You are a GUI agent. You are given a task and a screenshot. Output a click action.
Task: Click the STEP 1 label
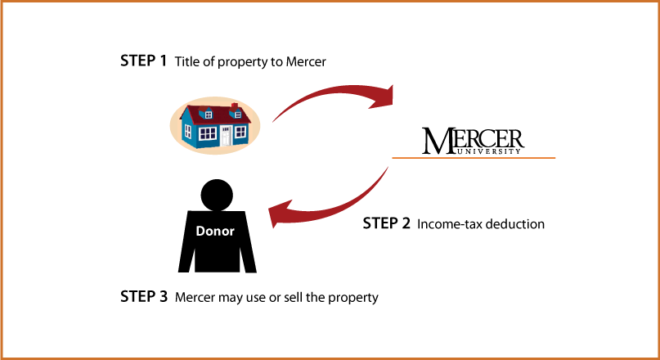pyautogui.click(x=144, y=61)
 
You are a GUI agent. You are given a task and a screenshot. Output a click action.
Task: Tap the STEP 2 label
pyautogui.click(x=386, y=223)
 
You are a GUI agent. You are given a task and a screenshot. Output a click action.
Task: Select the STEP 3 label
pyautogui.click(x=144, y=296)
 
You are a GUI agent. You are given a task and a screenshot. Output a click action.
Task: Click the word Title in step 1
pyautogui.click(x=185, y=61)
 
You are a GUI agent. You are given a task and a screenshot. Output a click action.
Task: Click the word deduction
pyautogui.click(x=514, y=224)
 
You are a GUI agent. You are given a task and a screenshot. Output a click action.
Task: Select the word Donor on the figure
pyautogui.click(x=215, y=232)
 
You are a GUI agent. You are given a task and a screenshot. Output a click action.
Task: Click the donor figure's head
pyautogui.click(x=217, y=195)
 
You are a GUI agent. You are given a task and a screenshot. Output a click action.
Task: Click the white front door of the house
pyautogui.click(x=226, y=136)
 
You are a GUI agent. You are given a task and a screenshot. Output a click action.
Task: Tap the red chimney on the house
pyautogui.click(x=235, y=106)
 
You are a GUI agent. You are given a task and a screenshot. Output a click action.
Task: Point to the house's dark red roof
pyautogui.click(x=215, y=115)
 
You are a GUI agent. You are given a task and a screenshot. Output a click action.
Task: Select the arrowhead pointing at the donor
pyautogui.click(x=281, y=213)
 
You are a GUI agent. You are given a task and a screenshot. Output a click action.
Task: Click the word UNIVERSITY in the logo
pyautogui.click(x=488, y=151)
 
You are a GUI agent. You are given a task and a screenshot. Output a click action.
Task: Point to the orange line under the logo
pyautogui.click(x=474, y=158)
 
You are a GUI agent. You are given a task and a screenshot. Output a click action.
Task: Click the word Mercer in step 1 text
pyautogui.click(x=306, y=61)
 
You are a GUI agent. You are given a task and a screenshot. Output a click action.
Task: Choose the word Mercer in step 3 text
pyautogui.click(x=195, y=297)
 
